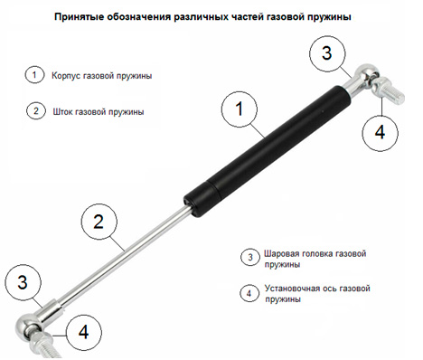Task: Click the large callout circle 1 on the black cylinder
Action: [x=240, y=111]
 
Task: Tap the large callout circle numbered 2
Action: [x=100, y=222]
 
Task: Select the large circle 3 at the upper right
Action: [x=328, y=52]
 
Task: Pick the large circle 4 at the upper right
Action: [x=380, y=131]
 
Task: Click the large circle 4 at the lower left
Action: [x=82, y=332]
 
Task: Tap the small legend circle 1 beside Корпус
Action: [x=34, y=75]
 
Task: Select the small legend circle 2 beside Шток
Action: [x=34, y=112]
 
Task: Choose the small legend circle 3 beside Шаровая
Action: [x=249, y=257]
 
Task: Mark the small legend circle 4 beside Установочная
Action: [x=249, y=293]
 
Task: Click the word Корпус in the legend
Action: [x=70, y=76]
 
